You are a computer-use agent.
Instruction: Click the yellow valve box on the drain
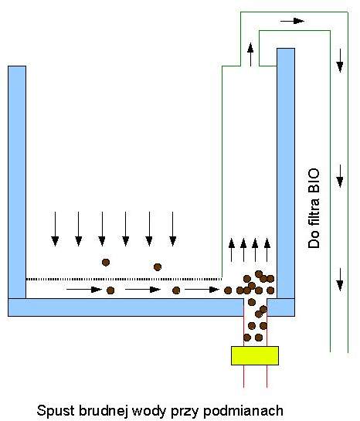255,355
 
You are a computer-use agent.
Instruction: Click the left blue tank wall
17,182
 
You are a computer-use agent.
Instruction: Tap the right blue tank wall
286,173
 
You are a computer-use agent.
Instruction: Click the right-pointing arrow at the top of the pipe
292,21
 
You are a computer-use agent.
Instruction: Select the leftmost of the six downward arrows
55,229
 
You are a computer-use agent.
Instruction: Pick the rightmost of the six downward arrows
173,229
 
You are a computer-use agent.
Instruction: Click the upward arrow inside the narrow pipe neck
250,55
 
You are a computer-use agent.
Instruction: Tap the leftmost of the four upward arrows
232,250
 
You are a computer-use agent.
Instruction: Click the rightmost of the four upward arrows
267,250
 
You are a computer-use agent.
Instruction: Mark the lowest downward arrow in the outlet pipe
340,280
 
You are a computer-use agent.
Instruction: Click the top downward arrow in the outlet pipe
340,60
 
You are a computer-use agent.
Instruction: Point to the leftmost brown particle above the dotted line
106,263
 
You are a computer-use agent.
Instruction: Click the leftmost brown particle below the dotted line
110,290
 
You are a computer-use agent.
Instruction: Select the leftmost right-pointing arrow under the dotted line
84,290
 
